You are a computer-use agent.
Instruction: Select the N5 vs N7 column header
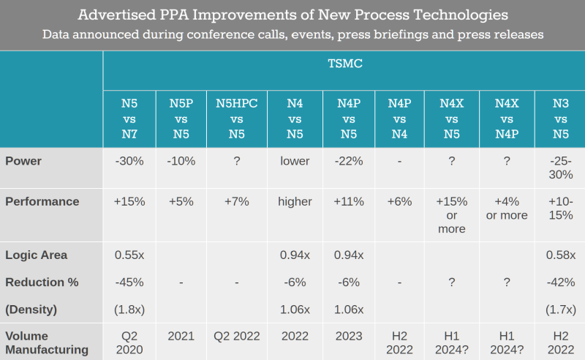pyautogui.click(x=129, y=119)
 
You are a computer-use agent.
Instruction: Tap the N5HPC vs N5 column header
pyautogui.click(x=236, y=119)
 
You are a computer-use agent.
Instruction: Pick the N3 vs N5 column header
pyautogui.click(x=561, y=119)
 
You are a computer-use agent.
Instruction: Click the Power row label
pyautogui.click(x=23, y=161)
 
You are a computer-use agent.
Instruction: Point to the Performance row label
pyautogui.click(x=41, y=201)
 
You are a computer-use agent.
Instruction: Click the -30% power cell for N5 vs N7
pyautogui.click(x=129, y=161)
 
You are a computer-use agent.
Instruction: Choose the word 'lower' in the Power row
pyautogui.click(x=295, y=161)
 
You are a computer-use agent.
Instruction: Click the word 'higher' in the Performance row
pyautogui.click(x=295, y=201)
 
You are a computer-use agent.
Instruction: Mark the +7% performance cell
pyautogui.click(x=236, y=201)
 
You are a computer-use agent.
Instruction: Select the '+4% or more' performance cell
pyautogui.click(x=506, y=208)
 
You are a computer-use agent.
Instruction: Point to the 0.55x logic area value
pyautogui.click(x=130, y=255)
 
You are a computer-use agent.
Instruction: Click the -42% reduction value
pyautogui.click(x=561, y=282)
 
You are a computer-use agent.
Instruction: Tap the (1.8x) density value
pyautogui.click(x=130, y=310)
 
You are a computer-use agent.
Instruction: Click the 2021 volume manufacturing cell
pyautogui.click(x=181, y=337)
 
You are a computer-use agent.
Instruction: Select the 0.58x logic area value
pyautogui.click(x=561, y=255)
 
